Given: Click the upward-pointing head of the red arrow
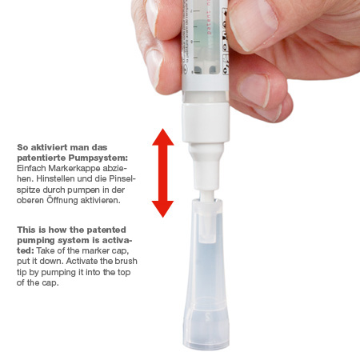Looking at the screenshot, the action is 163,137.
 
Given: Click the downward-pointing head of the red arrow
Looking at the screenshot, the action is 162,209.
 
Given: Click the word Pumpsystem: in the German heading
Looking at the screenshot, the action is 98,158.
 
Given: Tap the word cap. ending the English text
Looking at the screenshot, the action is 50,282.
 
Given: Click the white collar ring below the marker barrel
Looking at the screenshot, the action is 206,122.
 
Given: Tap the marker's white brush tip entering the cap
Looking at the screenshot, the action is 207,195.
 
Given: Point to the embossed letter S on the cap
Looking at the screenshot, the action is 208,317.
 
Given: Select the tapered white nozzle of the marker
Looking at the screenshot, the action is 206,166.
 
